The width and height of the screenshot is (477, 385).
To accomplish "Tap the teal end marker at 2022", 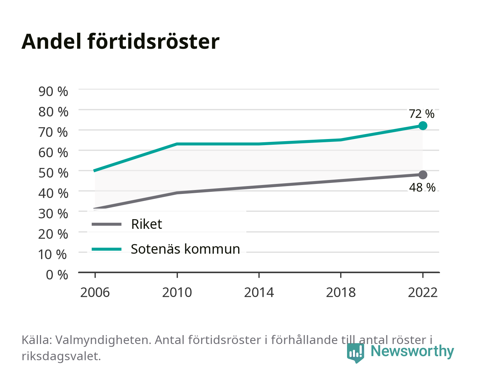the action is pos(423,125).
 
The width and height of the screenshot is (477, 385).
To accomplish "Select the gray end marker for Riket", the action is pos(423,175).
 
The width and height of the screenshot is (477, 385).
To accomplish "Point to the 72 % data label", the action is pos(421,114).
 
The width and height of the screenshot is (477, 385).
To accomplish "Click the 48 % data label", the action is pos(422,188).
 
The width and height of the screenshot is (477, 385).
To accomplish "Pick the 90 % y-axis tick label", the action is pos(53,92).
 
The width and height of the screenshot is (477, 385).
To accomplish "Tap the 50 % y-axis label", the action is pos(53,173).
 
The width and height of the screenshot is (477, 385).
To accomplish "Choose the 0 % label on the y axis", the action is pos(57,275).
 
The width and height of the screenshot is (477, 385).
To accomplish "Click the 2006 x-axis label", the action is pos(95,292).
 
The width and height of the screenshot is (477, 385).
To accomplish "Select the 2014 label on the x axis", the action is pos(259,292).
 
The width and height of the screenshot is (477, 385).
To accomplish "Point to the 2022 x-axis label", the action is pos(423,292).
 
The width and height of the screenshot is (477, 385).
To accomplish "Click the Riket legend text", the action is pos(146,224).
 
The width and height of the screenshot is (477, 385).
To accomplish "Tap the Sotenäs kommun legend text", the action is pos(185,249).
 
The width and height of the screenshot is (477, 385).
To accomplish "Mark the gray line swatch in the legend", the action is pos(107,224).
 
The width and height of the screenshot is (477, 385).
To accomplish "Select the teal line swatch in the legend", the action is pos(107,249).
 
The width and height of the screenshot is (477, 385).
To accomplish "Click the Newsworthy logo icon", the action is pos(355,353).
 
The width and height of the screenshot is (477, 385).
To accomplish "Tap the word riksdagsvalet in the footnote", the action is pos(61,356).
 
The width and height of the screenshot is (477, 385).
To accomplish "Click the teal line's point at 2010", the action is pos(177,144).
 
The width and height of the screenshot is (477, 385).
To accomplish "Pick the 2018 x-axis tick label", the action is pos(341,292).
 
